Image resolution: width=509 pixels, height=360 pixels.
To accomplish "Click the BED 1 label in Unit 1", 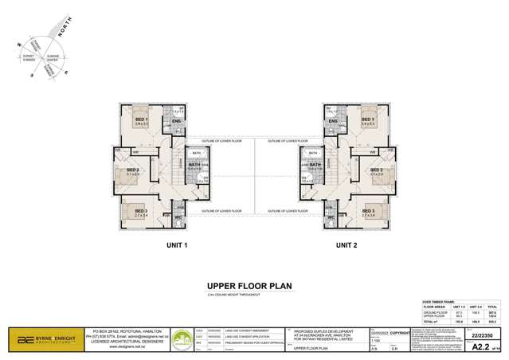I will coord(142,119).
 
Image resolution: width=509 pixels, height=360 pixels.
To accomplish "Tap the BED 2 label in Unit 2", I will coord(376,170).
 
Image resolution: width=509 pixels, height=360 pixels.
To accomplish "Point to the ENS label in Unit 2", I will coord(332,120).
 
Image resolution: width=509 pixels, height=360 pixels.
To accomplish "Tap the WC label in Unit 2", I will coord(330,217).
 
